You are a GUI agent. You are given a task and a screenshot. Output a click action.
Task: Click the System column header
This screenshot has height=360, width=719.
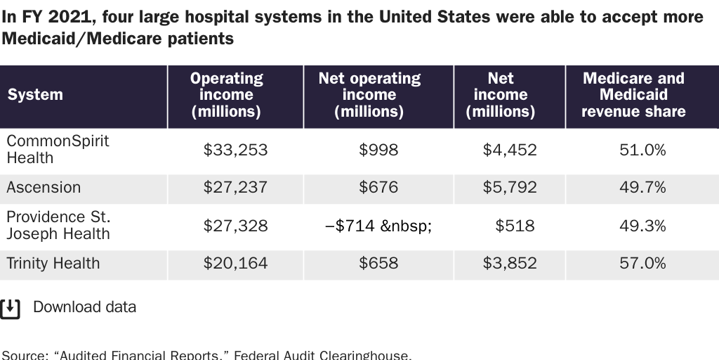tap(35, 95)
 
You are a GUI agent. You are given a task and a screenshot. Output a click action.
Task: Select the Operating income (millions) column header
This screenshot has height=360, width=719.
tap(226, 95)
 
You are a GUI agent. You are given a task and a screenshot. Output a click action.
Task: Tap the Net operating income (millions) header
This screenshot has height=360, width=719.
tap(369, 95)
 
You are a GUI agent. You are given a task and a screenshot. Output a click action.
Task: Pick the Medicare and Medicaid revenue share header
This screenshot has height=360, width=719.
tap(633, 95)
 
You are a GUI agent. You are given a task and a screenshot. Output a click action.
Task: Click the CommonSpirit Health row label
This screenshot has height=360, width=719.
tap(58, 149)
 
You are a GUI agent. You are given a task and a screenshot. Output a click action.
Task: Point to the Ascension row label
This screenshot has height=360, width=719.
tap(44, 188)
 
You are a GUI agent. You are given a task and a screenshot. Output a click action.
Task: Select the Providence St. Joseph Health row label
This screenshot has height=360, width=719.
tap(58, 225)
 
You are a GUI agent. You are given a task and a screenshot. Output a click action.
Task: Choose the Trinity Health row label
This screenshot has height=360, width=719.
tap(53, 264)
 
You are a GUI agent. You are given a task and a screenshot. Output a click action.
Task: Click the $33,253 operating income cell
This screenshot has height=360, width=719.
tap(235, 150)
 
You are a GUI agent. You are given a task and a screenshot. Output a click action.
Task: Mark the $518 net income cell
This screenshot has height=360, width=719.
tap(515, 226)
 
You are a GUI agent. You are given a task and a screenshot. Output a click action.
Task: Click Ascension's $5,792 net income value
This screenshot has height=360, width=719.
tap(510, 188)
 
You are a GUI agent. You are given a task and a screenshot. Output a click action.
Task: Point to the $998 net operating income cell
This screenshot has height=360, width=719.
tap(378, 150)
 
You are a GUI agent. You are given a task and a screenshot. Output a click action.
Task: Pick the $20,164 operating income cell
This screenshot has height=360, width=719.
tap(235, 264)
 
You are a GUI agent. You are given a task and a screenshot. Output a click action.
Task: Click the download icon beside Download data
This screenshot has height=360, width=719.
tap(11, 308)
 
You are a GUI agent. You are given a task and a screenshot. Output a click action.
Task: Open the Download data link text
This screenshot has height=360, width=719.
tap(84, 307)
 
